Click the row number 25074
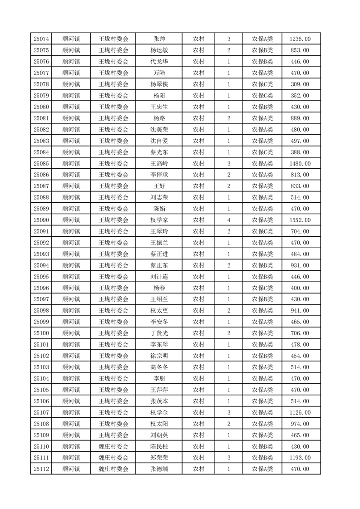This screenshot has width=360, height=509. (x=41, y=39)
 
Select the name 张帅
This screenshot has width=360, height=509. (x=159, y=39)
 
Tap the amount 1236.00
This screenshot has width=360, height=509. (x=300, y=39)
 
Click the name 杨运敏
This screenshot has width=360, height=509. (x=159, y=50)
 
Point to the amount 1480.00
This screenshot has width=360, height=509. (x=300, y=163)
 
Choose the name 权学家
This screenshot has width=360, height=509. (x=159, y=220)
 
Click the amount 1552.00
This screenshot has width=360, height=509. (x=300, y=220)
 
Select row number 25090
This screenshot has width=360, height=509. (x=41, y=220)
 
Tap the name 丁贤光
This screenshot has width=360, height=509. (x=159, y=333)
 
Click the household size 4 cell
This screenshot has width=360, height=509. (x=228, y=220)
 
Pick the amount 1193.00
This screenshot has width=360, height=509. (x=300, y=458)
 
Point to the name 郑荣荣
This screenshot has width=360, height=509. (x=159, y=458)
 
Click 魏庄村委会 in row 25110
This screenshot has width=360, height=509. (x=113, y=446)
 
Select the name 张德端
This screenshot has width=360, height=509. (x=159, y=469)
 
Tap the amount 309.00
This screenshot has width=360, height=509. (x=300, y=84)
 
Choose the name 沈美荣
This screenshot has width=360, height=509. (x=159, y=129)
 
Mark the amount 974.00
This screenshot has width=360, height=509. (x=300, y=424)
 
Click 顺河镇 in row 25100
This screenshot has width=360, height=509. (x=71, y=333)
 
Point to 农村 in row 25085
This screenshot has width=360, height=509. (x=198, y=163)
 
